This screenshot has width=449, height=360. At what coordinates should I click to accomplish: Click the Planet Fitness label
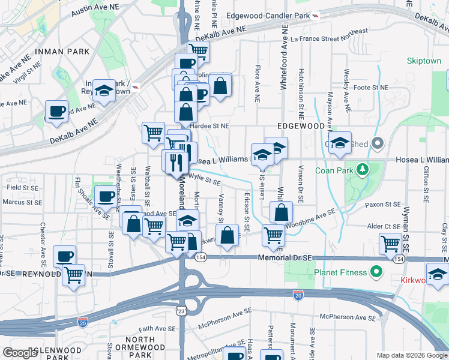click(340, 273)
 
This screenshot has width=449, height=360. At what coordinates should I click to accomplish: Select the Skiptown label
click(424, 61)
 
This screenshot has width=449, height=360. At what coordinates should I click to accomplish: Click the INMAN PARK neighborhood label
click(63, 52)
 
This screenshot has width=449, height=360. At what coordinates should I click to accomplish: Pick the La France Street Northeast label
click(328, 35)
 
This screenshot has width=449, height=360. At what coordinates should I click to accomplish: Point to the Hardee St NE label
click(209, 126)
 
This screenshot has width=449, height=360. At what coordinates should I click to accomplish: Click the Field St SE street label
click(22, 188)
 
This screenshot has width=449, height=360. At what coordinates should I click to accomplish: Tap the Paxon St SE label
click(382, 205)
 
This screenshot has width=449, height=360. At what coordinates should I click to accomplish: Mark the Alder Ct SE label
click(385, 226)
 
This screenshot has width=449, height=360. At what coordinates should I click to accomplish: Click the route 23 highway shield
click(181, 311)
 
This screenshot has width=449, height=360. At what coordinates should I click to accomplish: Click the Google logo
click(20, 353)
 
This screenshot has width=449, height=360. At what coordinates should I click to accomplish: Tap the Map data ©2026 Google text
click(411, 355)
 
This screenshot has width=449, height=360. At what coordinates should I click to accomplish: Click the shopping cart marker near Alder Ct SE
click(390, 243)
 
